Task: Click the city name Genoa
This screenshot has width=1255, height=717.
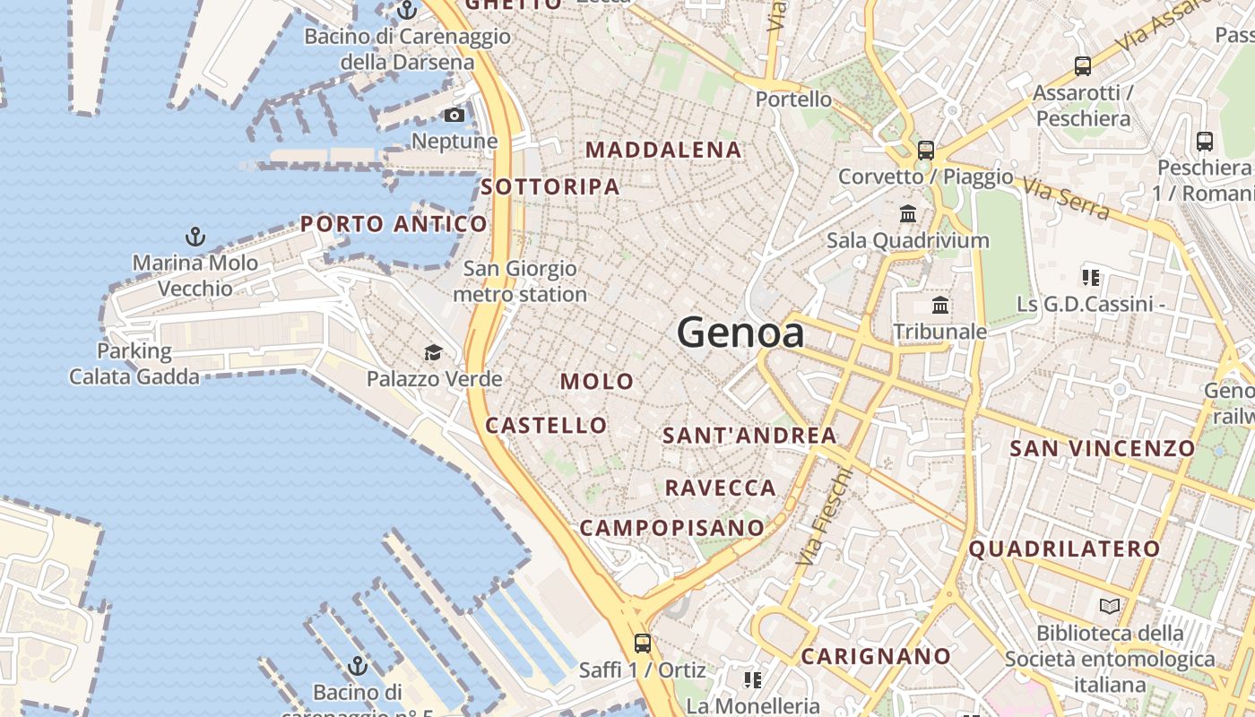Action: (x=740, y=333)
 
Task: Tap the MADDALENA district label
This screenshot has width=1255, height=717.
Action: (x=663, y=150)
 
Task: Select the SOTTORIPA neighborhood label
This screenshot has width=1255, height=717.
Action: (x=550, y=186)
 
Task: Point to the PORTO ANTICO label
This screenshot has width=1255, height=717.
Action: (x=394, y=224)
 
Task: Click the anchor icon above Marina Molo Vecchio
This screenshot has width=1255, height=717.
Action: (x=195, y=237)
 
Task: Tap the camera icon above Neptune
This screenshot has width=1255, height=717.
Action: (x=454, y=115)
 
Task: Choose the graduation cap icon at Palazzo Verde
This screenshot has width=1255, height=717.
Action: (x=434, y=352)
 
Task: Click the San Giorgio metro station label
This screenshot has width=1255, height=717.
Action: (x=520, y=281)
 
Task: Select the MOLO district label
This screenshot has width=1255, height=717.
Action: (x=597, y=381)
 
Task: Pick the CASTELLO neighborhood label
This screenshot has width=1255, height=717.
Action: (x=546, y=425)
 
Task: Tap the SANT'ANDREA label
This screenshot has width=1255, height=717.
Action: (x=749, y=436)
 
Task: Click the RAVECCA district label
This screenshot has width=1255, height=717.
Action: (x=720, y=488)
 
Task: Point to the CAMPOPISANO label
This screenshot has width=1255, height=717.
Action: (x=671, y=528)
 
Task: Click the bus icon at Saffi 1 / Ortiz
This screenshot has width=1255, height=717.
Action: (x=642, y=643)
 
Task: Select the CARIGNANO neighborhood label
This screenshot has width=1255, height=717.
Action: (x=875, y=656)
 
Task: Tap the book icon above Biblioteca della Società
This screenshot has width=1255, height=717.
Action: (x=1110, y=606)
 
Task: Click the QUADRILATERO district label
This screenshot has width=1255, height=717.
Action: (x=1064, y=549)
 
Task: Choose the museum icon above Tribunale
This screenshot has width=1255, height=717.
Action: (x=940, y=306)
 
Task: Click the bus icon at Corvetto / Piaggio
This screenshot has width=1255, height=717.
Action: (x=926, y=150)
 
